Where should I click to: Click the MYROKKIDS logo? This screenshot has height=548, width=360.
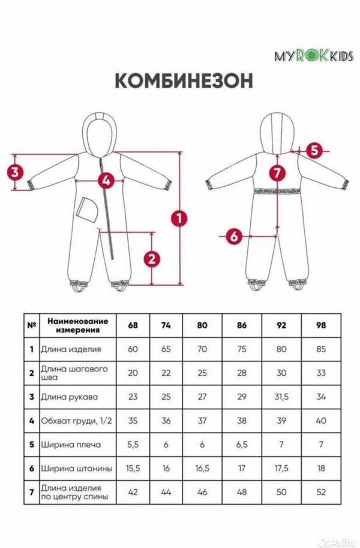(314, 56)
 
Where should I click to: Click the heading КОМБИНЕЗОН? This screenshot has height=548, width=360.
(184, 81)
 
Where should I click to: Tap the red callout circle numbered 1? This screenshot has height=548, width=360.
(179, 218)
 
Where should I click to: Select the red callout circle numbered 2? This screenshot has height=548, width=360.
(152, 259)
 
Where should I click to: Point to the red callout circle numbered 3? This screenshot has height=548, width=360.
(15, 172)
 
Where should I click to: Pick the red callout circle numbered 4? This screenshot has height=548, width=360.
(106, 181)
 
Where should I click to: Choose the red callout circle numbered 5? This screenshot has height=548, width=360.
(314, 151)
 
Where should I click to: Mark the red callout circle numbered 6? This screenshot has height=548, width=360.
(234, 236)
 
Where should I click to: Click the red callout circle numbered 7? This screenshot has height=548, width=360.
(277, 173)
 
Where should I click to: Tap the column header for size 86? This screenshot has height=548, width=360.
(242, 325)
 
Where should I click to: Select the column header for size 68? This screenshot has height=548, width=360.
(133, 325)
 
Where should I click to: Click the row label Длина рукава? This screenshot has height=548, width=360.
(70, 397)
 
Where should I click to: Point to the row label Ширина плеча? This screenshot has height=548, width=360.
(71, 445)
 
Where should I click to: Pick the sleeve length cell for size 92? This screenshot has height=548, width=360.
(281, 397)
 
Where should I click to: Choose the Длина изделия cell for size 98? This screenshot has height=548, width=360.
(321, 349)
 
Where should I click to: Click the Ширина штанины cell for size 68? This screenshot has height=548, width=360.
(133, 468)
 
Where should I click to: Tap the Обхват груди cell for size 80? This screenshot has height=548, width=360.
(202, 421)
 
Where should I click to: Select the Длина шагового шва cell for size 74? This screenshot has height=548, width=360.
(166, 373)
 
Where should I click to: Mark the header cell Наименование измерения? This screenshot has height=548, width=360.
(78, 325)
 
